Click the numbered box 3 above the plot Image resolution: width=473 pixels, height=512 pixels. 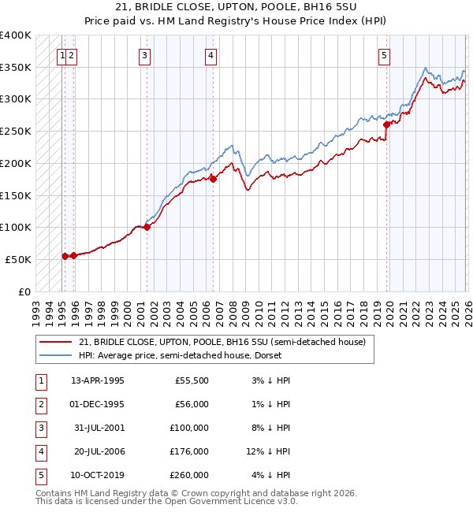click(146, 55)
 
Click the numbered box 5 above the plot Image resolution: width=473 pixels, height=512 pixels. click(384, 55)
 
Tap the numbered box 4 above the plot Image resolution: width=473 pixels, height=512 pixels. click(212, 55)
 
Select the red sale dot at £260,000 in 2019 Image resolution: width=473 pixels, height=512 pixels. click(386, 124)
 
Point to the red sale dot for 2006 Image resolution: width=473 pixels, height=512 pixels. click(213, 179)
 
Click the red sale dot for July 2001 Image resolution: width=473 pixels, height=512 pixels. click(147, 228)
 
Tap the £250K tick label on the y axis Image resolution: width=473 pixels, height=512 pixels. click(16, 131)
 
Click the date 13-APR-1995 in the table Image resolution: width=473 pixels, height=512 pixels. click(97, 380)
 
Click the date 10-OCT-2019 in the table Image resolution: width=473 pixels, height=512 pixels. click(97, 475)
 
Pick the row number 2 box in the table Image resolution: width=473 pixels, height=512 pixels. click(40, 404)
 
